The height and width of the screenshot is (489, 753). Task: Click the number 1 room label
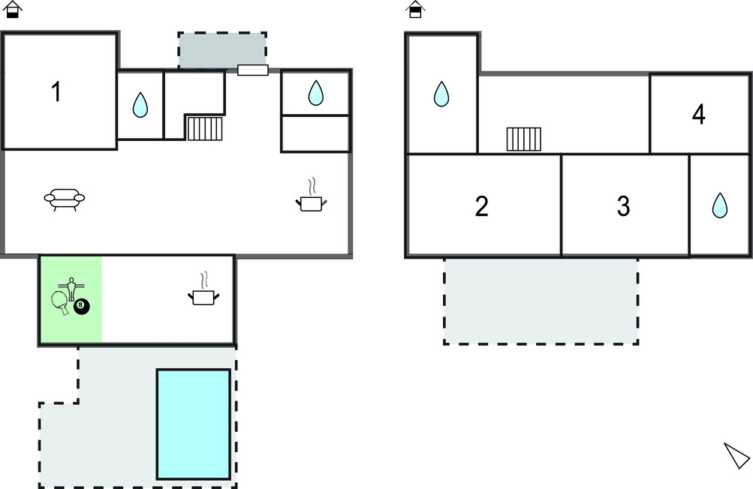56,92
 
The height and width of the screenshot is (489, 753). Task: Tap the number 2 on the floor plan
482,206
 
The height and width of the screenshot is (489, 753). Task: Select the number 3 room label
623,206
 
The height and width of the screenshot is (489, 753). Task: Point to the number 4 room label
699,115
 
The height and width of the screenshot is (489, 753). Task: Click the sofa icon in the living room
65,199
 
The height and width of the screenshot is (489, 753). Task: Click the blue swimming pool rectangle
193,424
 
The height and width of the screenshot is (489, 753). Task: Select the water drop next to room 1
140,105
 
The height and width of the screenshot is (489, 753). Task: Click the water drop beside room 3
719,205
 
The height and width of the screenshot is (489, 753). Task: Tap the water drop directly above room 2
441,94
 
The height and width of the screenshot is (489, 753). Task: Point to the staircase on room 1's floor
205,128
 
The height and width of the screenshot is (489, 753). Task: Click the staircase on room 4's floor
523,139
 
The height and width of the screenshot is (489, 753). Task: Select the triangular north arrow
736,455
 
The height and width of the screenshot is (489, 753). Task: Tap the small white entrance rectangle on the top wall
253,70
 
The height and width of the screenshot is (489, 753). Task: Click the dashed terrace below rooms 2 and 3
541,301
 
